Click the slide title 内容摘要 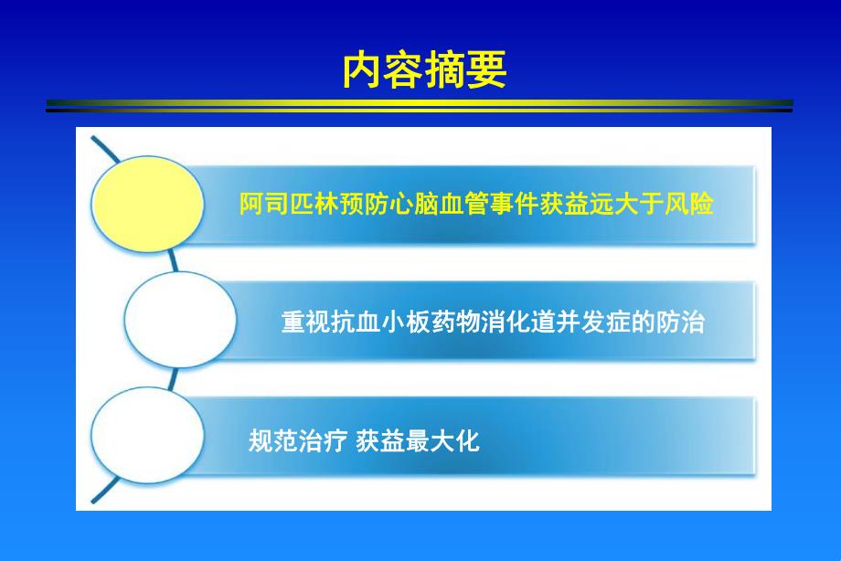coord(424,70)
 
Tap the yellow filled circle coord(150,203)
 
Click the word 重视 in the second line coord(305,323)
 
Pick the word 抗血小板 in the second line coord(377,323)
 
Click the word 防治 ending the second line coord(680,323)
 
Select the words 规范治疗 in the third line coord(296,441)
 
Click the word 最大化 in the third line coord(443,441)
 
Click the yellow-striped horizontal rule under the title coord(420,106)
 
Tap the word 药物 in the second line coord(448,323)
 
